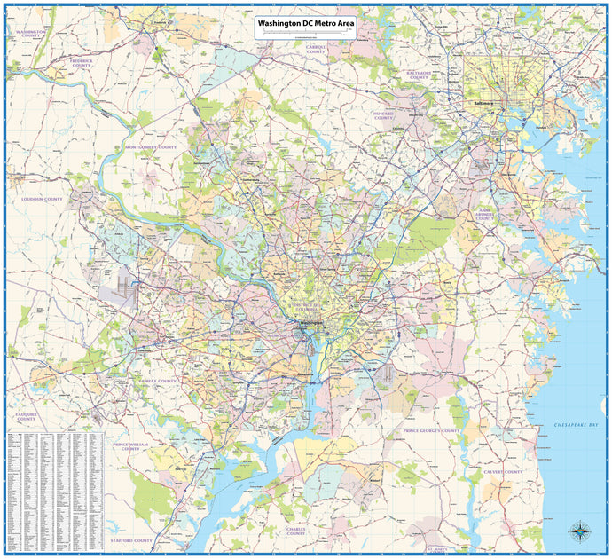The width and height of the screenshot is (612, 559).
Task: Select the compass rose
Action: point(581,532)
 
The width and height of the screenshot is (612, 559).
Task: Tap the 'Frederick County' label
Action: point(82,63)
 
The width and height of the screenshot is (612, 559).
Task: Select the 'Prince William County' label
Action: point(131,445)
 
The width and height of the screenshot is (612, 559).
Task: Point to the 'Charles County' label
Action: point(295,531)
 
